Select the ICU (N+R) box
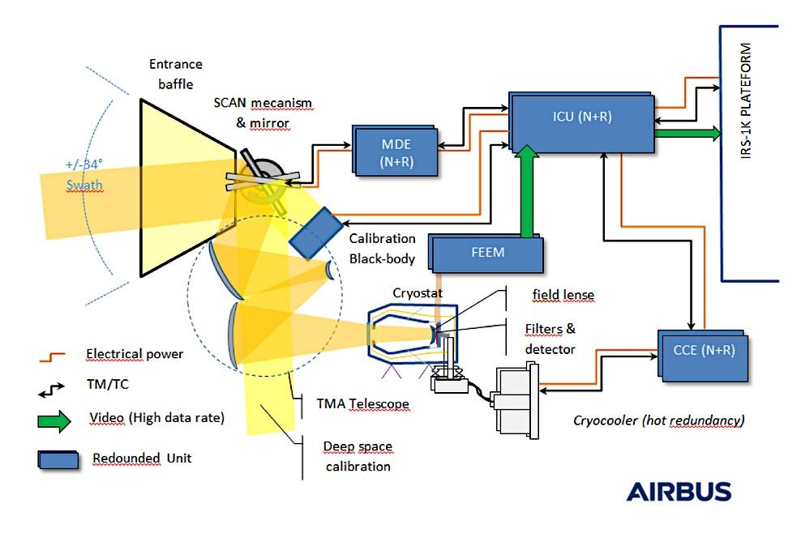[580, 122]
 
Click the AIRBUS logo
[678, 492]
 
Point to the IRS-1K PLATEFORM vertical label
[747, 101]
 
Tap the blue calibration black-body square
[315, 232]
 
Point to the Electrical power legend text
[134, 354]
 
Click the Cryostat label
[413, 293]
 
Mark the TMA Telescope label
[362, 403]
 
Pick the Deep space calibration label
[357, 456]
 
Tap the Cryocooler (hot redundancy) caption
[658, 420]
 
